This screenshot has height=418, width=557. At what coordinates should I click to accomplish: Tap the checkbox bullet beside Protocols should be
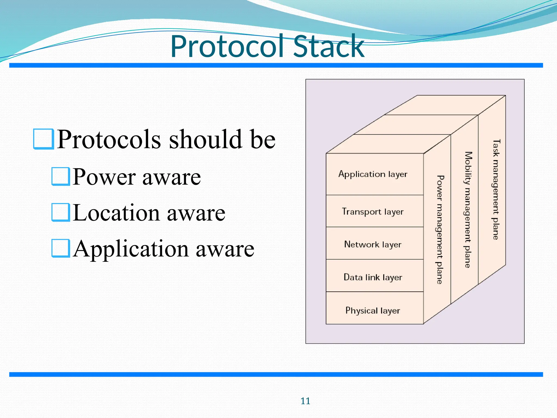click(x=43, y=139)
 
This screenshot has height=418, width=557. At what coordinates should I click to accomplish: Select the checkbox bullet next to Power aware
click(x=61, y=176)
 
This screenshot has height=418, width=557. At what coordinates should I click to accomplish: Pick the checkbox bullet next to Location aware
click(x=61, y=212)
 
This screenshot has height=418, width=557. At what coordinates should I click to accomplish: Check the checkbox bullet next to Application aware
click(x=61, y=248)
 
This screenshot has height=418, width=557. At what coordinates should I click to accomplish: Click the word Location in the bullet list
click(x=116, y=213)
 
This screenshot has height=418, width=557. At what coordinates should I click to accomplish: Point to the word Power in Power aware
click(x=104, y=177)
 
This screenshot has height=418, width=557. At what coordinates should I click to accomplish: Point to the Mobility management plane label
click(x=468, y=210)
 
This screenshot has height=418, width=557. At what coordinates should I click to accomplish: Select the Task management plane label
click(x=496, y=189)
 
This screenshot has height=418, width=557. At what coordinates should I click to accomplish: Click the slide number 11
click(x=305, y=401)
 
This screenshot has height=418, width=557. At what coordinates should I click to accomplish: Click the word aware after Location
click(x=196, y=213)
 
